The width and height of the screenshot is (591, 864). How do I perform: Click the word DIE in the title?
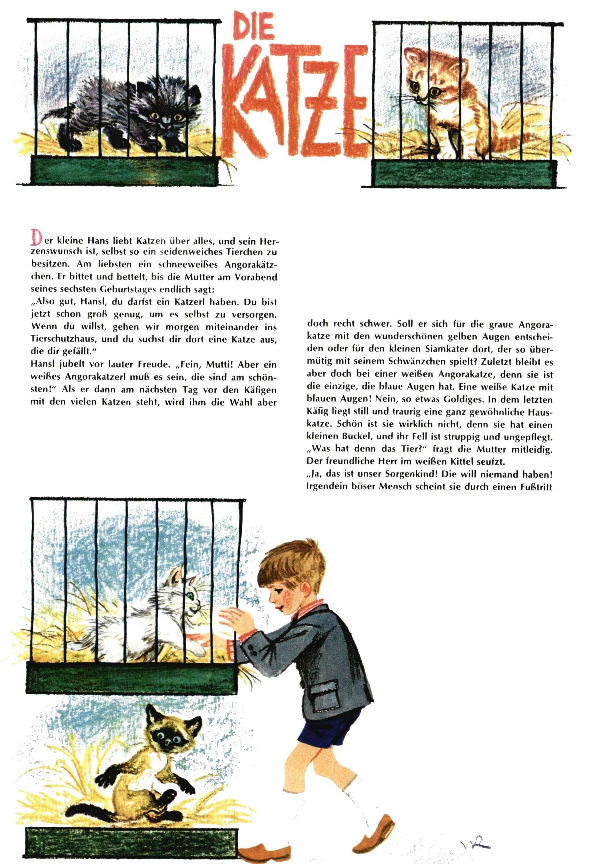click(254, 26)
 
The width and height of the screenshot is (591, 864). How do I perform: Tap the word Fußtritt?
click(536, 486)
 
